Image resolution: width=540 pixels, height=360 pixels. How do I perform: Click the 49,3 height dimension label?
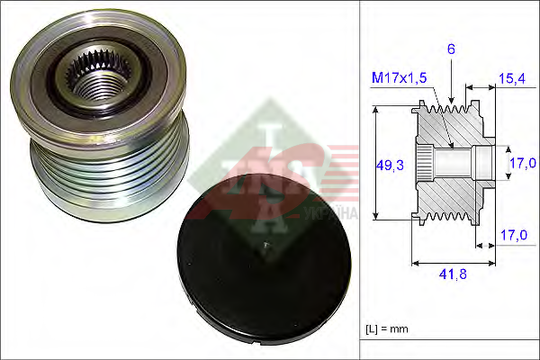click(390, 166)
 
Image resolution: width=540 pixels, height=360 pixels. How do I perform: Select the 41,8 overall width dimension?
click(453, 274)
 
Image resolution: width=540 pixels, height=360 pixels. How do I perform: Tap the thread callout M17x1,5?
click(399, 78)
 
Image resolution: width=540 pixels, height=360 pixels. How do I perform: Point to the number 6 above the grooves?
click(451, 49)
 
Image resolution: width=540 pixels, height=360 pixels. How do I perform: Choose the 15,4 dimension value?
click(512, 78)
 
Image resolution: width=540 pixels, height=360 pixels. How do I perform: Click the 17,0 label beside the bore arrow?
click(523, 163)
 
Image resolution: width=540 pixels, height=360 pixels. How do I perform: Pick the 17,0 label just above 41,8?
click(514, 235)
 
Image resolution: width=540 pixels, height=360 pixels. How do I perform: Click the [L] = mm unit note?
click(387, 329)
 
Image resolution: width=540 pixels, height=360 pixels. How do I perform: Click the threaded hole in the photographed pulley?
click(95, 85)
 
